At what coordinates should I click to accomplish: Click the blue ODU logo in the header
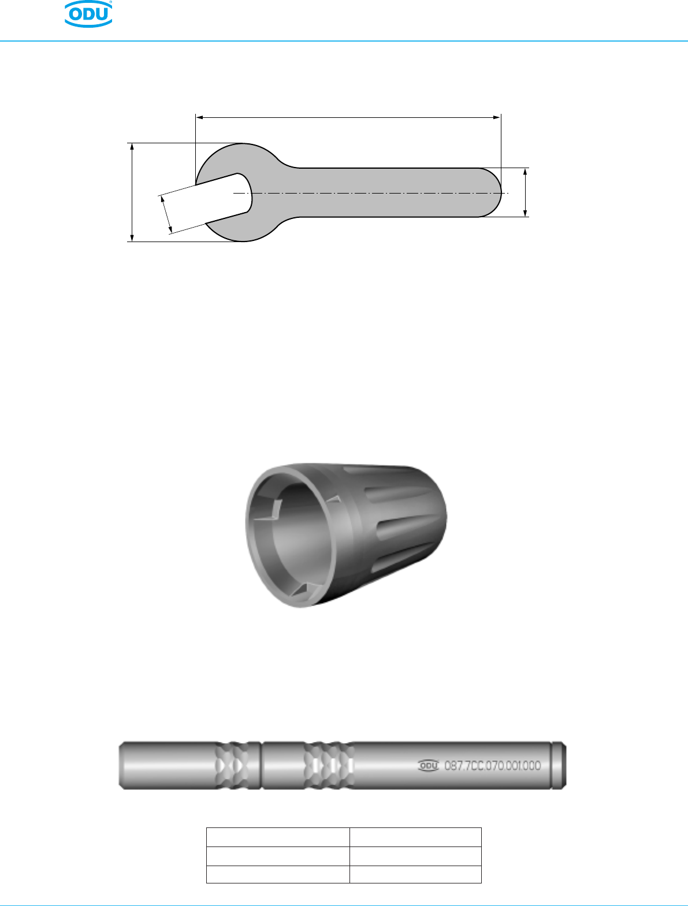pyautogui.click(x=88, y=14)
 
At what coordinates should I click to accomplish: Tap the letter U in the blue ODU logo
pyautogui.click(x=101, y=14)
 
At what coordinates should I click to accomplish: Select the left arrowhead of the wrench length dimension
pyautogui.click(x=199, y=118)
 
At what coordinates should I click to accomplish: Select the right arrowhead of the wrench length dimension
pyautogui.click(x=497, y=118)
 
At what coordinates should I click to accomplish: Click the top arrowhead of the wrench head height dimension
pyautogui.click(x=132, y=147)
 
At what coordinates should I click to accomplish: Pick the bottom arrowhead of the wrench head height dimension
pyautogui.click(x=132, y=237)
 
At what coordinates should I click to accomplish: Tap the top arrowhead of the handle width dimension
pyautogui.click(x=525, y=172)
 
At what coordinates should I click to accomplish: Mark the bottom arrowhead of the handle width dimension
pyautogui.click(x=525, y=213)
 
